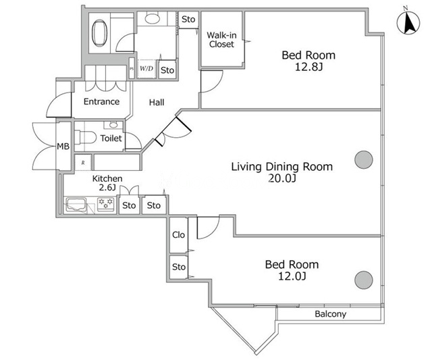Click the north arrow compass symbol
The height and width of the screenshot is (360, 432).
(408, 22)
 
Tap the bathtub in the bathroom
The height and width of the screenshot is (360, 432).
(99, 33)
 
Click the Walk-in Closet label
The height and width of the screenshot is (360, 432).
(221, 40)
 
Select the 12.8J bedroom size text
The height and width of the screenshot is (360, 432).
(308, 67)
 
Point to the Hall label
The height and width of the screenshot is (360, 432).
(157, 103)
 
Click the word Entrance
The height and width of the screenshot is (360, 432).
(101, 101)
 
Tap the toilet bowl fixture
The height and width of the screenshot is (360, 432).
(85, 137)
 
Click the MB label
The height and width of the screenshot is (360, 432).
(63, 147)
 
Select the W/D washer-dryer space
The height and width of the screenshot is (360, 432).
(146, 69)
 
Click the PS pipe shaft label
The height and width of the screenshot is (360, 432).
(132, 69)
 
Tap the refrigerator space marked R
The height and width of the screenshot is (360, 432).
(83, 163)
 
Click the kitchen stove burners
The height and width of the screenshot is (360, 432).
(105, 204)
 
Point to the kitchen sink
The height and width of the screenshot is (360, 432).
(76, 205)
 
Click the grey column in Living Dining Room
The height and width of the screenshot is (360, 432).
(364, 159)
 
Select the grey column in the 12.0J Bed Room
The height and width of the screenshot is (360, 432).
(364, 280)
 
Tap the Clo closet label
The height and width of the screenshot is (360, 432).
(178, 235)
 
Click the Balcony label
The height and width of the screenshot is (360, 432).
(330, 314)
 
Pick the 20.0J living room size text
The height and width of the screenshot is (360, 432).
(282, 178)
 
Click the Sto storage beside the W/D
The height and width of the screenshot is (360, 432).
(167, 70)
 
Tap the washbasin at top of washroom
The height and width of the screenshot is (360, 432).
(153, 18)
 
